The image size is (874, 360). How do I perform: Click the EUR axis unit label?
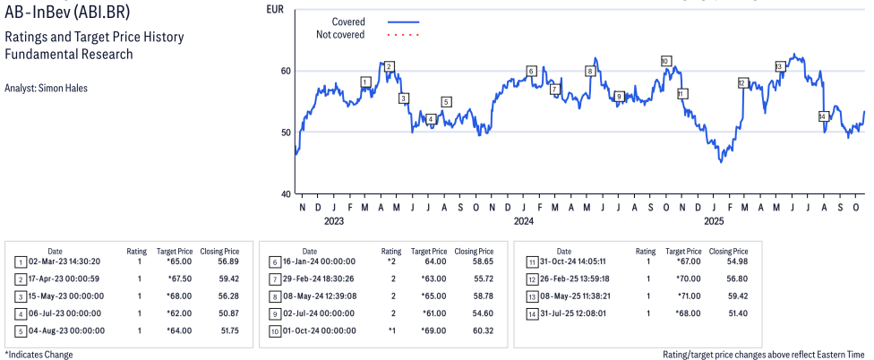coord(277,9)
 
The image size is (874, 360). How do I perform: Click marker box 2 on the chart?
coord(389,66)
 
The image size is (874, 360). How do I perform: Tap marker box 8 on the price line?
coord(589,71)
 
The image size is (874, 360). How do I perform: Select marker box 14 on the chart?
coord(822,116)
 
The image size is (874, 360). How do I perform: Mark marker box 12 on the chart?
coord(742,82)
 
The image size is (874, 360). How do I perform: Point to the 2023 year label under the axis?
coord(333,220)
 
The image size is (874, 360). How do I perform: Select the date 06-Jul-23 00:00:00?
coord(66,313)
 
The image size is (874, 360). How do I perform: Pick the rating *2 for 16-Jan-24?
coord(391,262)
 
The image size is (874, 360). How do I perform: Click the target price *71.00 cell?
coord(689,296)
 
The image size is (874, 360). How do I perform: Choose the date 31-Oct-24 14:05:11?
coord(582,262)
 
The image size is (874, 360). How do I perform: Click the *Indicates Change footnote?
coord(39,355)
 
